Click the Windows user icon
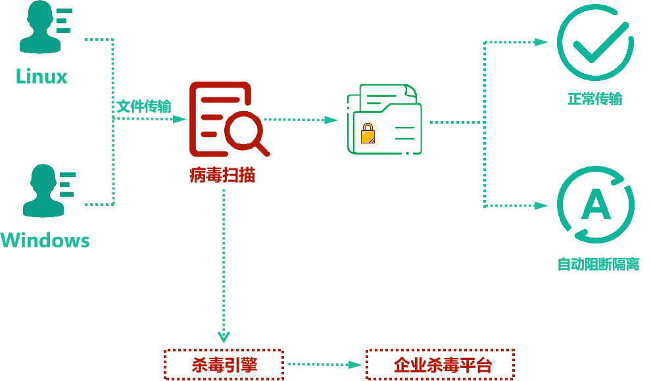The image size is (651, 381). [x=46, y=191]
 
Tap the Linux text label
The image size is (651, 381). [x=42, y=77]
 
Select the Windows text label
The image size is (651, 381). [x=45, y=240]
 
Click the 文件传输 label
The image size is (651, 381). [x=144, y=107]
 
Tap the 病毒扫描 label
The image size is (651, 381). [x=222, y=175]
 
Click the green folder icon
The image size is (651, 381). [x=385, y=120]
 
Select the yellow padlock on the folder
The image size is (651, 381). [x=368, y=134]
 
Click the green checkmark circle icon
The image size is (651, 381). [x=595, y=43]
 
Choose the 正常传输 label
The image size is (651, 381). [x=594, y=99]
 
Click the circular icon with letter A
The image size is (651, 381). [x=595, y=205]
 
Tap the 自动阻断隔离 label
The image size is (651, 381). [x=598, y=265]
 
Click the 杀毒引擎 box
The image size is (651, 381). [x=224, y=365]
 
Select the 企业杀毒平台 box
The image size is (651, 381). [x=440, y=365]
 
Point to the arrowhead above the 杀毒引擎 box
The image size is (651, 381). [x=224, y=337]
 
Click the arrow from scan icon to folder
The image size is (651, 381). [x=301, y=120]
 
